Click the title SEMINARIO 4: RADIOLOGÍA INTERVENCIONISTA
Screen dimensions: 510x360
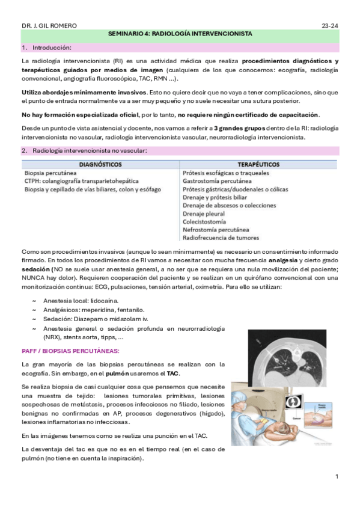pyautogui.click(x=180, y=35)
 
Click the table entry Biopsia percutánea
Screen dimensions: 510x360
pyautogui.click(x=50, y=173)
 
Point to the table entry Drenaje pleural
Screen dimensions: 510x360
pyautogui.click(x=204, y=214)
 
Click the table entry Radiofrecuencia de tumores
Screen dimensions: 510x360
pyautogui.click(x=221, y=238)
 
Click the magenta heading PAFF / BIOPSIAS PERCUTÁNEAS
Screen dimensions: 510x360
pyautogui.click(x=70, y=350)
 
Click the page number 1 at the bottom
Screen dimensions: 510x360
pyautogui.click(x=337, y=476)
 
